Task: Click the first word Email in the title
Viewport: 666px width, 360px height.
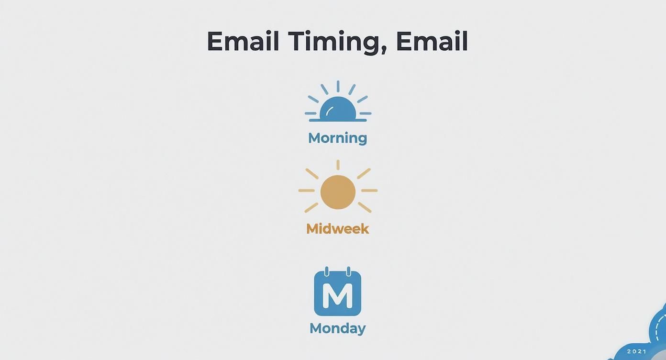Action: (243, 41)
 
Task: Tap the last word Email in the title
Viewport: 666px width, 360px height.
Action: (432, 41)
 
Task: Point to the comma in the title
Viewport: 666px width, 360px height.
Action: (384, 50)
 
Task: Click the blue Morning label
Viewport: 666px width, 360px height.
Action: (337, 138)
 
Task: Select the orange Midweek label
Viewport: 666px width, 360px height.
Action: (337, 228)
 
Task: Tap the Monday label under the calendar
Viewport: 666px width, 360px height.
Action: (337, 328)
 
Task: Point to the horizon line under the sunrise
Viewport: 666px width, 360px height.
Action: (338, 120)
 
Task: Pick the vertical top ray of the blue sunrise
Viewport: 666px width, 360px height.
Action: (338, 86)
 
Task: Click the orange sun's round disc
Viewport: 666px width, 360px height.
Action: (338, 192)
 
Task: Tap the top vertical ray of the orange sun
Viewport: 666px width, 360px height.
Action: (338, 165)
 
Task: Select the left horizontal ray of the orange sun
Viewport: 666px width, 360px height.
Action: (306, 191)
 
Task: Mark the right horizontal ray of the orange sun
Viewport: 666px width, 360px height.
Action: (369, 191)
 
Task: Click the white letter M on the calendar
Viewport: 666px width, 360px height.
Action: (337, 295)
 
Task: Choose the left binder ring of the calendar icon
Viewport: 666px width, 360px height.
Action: (327, 271)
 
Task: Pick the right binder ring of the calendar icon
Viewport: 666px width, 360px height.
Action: (348, 271)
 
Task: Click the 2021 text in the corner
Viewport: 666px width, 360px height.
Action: (637, 351)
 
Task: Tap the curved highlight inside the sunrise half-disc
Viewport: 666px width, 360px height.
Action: (329, 111)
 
